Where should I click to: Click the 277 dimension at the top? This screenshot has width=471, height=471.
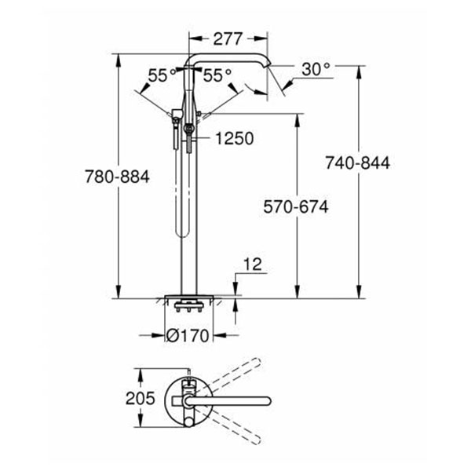coord(229,37)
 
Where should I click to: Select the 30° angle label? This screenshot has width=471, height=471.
coord(316,69)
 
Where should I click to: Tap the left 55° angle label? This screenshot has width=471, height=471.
coord(162,75)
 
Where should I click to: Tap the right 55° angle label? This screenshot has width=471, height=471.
coord(217,75)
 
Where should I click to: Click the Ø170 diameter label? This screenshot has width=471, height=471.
coord(188,335)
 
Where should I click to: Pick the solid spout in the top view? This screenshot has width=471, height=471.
coord(235,400)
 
